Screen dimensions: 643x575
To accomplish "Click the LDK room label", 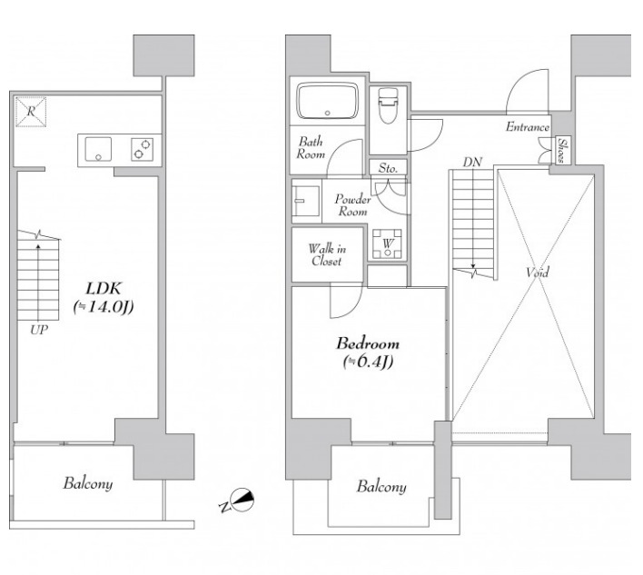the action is (104, 289).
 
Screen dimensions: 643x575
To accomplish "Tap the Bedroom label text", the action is (368, 343).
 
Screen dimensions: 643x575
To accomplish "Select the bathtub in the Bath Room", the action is (328, 101).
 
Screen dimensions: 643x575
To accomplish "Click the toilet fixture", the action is (388, 104).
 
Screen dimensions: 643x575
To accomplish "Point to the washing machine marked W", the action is (388, 243).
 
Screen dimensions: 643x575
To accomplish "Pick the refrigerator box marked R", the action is (31, 111).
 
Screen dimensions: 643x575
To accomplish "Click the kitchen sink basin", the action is (98, 150).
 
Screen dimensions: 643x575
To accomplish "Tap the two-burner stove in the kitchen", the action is (143, 149).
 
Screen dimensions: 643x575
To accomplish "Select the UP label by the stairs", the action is (39, 330).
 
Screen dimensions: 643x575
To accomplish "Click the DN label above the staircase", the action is (472, 162).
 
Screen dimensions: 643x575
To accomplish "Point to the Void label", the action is (538, 272).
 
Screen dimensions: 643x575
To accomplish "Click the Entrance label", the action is (528, 127).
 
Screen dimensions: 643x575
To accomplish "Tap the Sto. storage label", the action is (388, 168).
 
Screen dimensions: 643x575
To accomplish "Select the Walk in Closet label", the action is (327, 254).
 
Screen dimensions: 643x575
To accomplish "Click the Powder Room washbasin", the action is (306, 201).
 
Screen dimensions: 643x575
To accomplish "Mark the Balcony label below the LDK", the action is (88, 483).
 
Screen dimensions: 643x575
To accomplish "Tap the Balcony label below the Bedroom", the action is (381, 486).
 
